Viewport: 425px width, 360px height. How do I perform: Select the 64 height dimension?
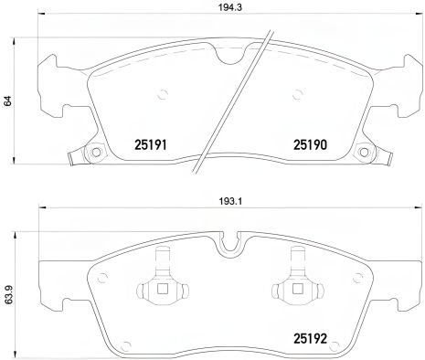click(8, 102)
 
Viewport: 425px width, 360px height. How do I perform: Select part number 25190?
click(309, 143)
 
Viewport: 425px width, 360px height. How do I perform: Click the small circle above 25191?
click(162, 91)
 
